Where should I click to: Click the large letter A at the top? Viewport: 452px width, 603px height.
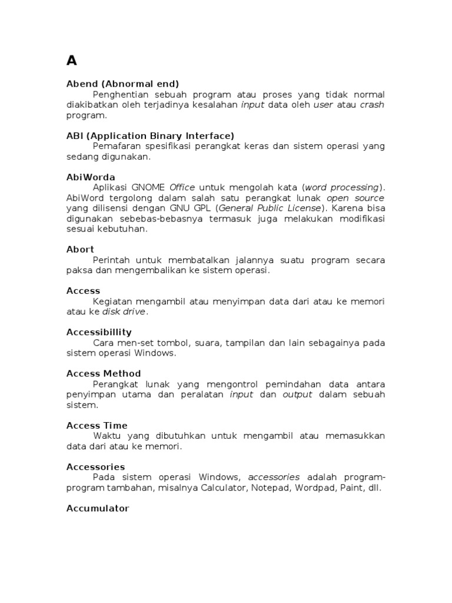pos(72,61)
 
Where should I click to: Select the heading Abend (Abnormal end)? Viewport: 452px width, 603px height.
pos(122,84)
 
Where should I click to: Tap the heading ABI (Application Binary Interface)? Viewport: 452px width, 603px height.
pos(150,135)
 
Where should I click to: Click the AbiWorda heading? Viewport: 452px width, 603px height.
pos(91,177)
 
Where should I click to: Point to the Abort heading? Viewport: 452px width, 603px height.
pos(80,249)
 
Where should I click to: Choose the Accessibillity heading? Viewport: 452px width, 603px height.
pos(99,332)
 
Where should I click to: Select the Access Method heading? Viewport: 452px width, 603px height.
pos(104,373)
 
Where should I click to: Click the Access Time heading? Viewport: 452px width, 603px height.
pos(97,425)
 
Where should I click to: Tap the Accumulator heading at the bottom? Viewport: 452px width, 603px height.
pos(98,508)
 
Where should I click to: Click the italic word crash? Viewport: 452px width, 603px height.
pos(372,105)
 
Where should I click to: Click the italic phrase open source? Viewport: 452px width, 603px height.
pos(355,198)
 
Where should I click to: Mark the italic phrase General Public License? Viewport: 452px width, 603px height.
pos(271,208)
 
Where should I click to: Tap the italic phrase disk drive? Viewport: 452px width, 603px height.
pos(124,312)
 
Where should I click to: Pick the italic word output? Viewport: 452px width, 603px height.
pos(297,395)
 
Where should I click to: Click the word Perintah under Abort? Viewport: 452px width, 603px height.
pos(112,260)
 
